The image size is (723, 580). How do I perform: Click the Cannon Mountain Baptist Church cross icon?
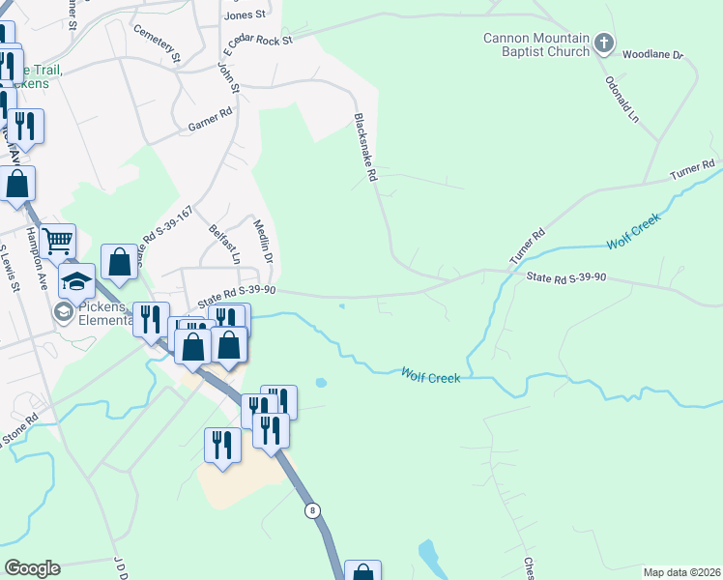(x=605, y=43)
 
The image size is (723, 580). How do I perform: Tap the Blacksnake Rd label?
(x=364, y=147)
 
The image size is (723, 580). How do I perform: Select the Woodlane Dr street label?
(x=653, y=55)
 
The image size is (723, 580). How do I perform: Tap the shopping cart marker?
(x=58, y=238)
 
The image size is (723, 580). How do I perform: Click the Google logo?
(x=32, y=568)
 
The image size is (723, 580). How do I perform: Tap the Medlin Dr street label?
(x=263, y=241)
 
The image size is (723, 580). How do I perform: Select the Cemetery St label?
(x=159, y=44)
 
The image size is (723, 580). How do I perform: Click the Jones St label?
(x=245, y=15)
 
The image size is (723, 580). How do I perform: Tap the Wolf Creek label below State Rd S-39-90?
(x=431, y=376)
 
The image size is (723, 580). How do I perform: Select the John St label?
(x=228, y=78)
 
